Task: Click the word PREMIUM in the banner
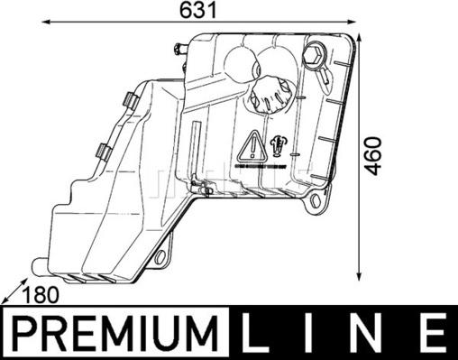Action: click(x=118, y=335)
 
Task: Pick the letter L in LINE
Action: click(x=257, y=335)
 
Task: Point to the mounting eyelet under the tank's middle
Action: click(x=161, y=258)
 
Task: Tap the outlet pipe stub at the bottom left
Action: click(x=38, y=265)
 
